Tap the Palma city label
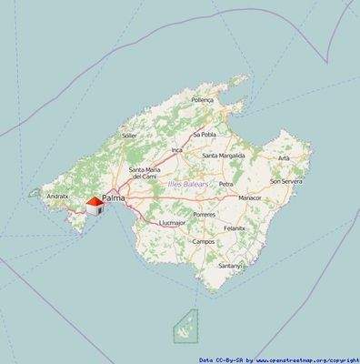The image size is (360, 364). pos(115,197)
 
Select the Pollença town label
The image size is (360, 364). pos(202,100)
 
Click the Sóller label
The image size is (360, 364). pos(129,136)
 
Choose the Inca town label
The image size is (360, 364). pos(177,149)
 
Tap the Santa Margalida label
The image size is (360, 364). pos(223,155)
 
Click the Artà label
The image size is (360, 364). pos(284,157)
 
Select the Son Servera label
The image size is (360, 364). pos(285,181)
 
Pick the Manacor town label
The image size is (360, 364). pos(249,197)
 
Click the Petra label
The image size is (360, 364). pos(226,183)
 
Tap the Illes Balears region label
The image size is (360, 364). pos(188,185)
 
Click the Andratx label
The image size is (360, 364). pos(57,196)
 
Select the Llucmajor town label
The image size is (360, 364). pos(172,222)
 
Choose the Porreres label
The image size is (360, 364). pos(205,214)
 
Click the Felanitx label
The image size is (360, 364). pos(235,227)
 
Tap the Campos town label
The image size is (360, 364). pos(204,241)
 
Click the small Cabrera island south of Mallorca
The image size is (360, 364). pos(186,324)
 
